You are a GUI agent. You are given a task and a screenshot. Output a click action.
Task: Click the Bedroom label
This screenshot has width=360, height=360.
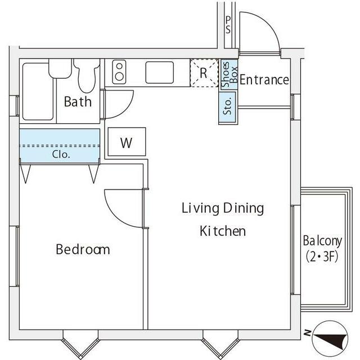pyautogui.click(x=83, y=249)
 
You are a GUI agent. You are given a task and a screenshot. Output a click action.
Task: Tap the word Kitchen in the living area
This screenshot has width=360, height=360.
pyautogui.click(x=223, y=231)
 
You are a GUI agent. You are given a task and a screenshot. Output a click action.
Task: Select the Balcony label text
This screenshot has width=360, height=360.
pyautogui.click(x=322, y=241)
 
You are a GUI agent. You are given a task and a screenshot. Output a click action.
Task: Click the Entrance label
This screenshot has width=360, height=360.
pyautogui.click(x=264, y=80)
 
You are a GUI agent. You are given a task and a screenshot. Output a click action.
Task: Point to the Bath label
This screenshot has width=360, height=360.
pyautogui.click(x=78, y=101)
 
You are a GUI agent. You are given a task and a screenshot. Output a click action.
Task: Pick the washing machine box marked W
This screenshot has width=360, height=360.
pyautogui.click(x=127, y=142)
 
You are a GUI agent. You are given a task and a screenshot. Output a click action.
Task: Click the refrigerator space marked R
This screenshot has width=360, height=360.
pyautogui.click(x=204, y=73)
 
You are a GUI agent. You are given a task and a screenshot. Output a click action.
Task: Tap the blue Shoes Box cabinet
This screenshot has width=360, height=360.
pyautogui.click(x=229, y=75)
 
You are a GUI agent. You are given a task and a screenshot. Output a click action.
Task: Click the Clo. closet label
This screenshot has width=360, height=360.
pyautogui.click(x=61, y=154)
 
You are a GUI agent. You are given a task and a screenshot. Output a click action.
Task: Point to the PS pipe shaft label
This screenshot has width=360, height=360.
pyautogui.click(x=228, y=25)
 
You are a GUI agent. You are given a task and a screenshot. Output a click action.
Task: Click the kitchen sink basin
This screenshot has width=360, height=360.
pyautogui.click(x=160, y=73)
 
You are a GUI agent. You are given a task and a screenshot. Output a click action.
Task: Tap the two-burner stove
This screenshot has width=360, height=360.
pyautogui.click(x=119, y=71)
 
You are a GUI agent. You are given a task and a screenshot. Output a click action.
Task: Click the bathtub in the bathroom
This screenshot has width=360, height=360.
pyautogui.click(x=38, y=92)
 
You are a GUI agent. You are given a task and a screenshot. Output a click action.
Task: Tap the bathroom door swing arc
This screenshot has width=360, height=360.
pyautogui.click(x=126, y=110)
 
